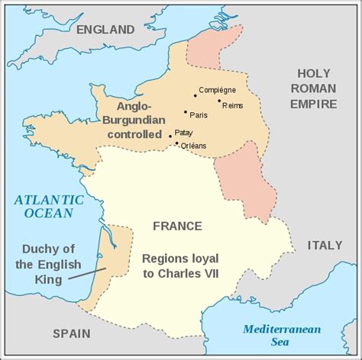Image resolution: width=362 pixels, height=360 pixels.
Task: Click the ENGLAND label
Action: click(105, 30)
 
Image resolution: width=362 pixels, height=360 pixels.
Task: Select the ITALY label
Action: click(325, 245)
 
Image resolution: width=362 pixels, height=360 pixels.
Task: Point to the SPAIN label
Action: click(71, 333)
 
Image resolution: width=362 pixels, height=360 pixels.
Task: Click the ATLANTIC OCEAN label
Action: click(47, 206)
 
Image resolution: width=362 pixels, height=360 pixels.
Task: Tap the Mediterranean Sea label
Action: click(282, 336)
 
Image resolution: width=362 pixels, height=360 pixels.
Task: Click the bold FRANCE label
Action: click(177, 226)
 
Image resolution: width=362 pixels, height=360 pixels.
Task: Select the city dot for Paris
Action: click(186, 112)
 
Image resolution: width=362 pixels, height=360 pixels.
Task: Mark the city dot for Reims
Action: click(219, 101)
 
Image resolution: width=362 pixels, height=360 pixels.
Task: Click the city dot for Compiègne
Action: click(195, 95)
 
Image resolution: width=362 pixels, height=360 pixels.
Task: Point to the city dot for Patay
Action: click(170, 137)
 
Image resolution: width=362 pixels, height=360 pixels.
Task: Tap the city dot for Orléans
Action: click(177, 143)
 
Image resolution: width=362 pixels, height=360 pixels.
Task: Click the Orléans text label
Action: click(194, 146)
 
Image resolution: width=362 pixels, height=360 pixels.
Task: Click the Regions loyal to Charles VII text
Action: click(180, 265)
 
